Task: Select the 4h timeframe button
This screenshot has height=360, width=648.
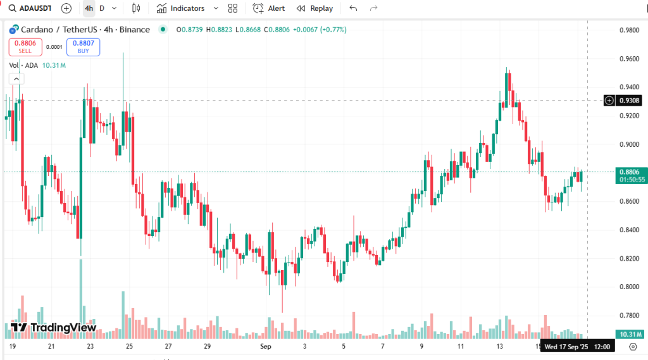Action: [89, 8]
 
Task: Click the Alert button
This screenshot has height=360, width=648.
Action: [269, 8]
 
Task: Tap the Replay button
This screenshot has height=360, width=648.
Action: [315, 8]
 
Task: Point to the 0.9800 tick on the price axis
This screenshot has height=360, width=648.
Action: [629, 30]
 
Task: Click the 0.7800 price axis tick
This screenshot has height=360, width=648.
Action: [629, 315]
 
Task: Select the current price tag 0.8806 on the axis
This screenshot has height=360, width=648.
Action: [630, 171]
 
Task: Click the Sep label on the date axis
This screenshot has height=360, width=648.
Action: [266, 347]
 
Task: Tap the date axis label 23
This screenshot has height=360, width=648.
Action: [90, 347]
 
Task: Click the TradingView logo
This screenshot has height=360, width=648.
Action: [54, 328]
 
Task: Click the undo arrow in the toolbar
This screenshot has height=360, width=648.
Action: [353, 8]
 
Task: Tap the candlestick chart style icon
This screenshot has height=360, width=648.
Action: [136, 8]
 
